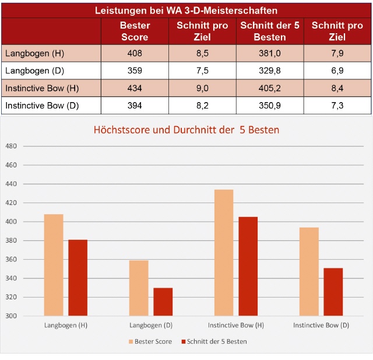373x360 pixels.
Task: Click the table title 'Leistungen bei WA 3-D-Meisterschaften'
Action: tap(186, 11)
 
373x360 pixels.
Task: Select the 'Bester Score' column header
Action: tap(135, 31)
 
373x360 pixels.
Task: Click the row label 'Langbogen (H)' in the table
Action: tap(34, 54)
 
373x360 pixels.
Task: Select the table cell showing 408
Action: tap(135, 54)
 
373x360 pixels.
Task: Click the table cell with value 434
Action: tap(135, 89)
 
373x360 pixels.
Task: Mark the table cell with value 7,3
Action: tap(337, 106)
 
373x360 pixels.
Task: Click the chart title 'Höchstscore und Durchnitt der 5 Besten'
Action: tap(186, 130)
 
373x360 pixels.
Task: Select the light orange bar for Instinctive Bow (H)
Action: tap(224, 253)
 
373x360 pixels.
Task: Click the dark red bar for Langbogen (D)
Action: tap(163, 302)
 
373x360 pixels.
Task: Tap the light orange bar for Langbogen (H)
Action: tap(54, 265)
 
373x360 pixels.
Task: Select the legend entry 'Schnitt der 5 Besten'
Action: tap(214, 341)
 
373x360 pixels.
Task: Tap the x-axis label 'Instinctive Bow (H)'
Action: tap(236, 325)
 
